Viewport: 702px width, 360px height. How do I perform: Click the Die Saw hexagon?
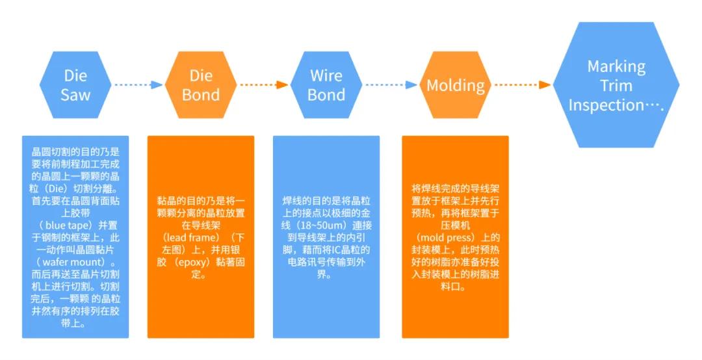75,84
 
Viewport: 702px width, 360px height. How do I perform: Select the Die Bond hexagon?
201,84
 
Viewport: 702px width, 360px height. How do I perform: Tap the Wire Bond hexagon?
326,84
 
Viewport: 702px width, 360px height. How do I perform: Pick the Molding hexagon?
456,85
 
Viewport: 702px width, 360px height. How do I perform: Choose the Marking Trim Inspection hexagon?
616,85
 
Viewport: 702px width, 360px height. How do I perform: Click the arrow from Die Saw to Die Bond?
138,84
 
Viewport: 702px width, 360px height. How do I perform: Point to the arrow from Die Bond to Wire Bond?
263,84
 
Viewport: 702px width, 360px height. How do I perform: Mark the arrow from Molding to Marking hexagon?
522,85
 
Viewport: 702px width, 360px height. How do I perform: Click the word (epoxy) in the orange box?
199,263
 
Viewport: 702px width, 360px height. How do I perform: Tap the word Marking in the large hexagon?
616,66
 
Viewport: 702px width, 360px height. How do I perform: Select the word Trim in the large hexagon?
616,86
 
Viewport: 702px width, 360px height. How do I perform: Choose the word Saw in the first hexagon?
75,95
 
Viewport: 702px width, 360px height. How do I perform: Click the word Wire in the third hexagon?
326,75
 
